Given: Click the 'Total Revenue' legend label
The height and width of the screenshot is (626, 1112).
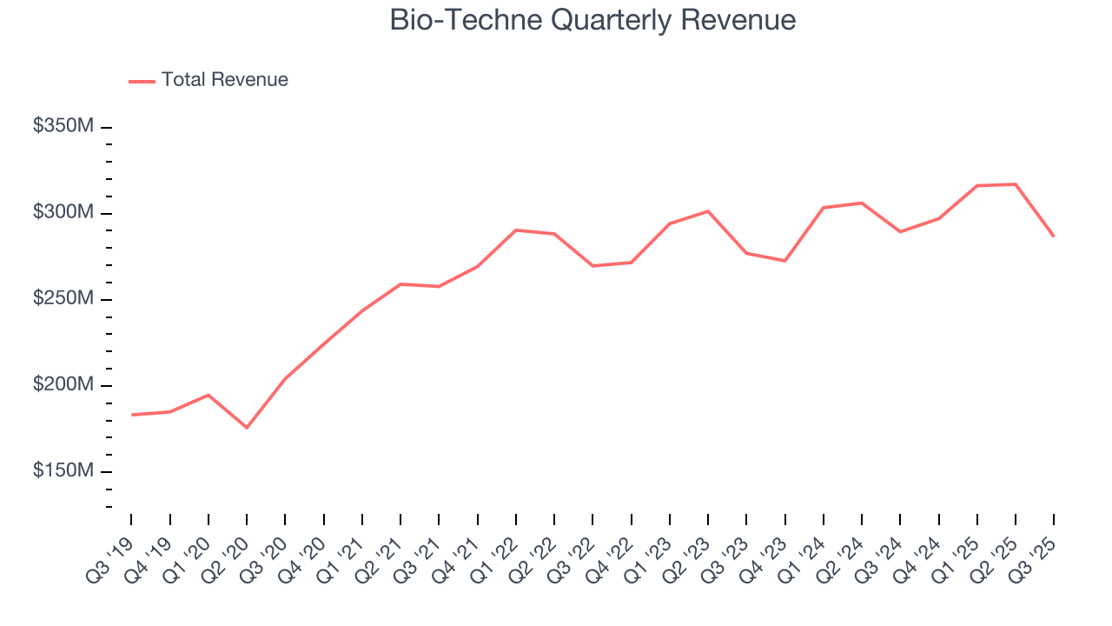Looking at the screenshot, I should point(224,80).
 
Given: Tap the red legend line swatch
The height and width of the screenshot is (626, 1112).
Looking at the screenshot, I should point(142,81).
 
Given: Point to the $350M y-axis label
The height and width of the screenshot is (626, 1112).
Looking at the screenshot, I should point(63,127).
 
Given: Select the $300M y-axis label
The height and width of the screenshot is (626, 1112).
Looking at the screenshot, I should point(63,213).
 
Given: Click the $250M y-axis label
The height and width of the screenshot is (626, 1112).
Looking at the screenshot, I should point(63,299).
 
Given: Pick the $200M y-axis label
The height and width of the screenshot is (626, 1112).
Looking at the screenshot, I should point(63,385).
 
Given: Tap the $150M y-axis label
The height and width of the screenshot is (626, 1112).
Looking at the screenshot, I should point(63,471).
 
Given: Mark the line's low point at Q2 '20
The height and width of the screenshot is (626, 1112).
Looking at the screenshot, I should point(247,428).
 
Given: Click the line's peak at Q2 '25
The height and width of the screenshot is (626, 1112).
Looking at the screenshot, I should point(1016,184).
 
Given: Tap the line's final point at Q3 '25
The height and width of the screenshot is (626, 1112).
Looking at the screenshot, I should point(1054,236).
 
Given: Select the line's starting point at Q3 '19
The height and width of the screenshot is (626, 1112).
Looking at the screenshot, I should point(132,415).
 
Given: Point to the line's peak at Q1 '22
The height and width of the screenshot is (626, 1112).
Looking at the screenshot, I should point(516,230).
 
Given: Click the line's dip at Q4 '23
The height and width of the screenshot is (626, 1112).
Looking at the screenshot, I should point(785,261).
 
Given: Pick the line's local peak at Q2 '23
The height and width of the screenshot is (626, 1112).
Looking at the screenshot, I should point(708,211).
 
